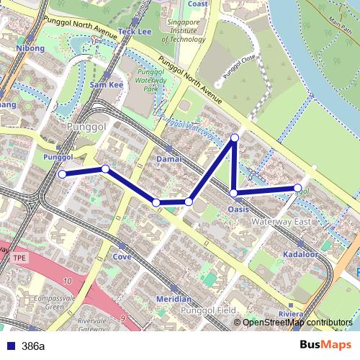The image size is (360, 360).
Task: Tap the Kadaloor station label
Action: coord(301,255)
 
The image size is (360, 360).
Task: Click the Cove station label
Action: coord(122,256)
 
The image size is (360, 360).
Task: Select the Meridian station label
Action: coord(173,299)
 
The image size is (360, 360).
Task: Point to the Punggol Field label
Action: coord(210,310)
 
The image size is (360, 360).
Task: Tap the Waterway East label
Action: coord(282,222)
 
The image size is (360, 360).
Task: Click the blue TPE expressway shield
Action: coord(19,256)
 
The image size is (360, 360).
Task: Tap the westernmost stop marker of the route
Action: coord(62,174)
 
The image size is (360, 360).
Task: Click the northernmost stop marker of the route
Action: coord(234,137)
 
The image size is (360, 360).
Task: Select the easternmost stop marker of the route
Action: coord(297,189)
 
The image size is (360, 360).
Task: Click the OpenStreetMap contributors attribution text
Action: coord(297,323)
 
